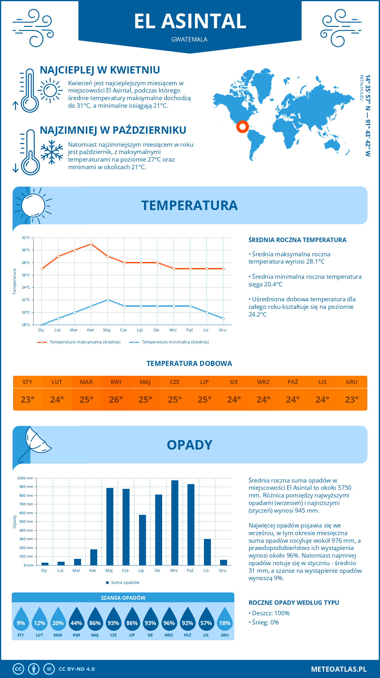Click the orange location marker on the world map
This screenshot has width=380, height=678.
242,127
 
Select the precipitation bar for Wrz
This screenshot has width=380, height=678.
175,523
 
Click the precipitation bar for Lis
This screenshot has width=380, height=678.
207,552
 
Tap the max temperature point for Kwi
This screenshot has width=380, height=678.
91,244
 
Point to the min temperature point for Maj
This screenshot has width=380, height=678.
108,300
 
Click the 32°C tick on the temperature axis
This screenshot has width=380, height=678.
26,238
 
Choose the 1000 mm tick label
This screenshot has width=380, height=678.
25,478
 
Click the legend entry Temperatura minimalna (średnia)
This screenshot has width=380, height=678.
175,342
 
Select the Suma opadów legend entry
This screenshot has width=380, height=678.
125,583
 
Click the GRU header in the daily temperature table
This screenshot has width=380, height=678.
351,382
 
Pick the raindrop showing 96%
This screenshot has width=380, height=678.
169,623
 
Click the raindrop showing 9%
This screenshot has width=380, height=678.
21,623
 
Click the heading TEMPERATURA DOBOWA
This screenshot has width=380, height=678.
189,364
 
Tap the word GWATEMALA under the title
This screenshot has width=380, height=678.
189,40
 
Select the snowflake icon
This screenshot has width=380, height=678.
52,152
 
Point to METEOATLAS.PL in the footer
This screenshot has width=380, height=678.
339,669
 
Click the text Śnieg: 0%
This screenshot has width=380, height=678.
265,622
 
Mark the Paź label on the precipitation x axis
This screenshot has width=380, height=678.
190,571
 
